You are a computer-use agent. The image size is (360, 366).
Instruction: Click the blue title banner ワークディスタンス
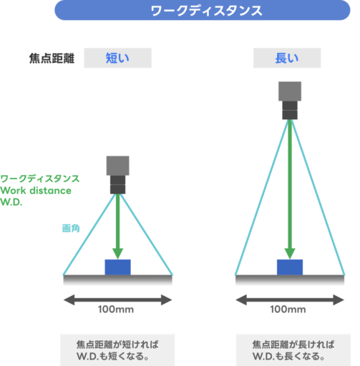pos(203,10)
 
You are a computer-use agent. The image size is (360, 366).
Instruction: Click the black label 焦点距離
pos(52,59)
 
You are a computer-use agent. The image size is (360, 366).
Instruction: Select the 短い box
pos(117,58)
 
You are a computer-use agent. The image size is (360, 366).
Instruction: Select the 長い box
pos(287,58)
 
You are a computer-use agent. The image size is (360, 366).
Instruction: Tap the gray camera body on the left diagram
pos(118,166)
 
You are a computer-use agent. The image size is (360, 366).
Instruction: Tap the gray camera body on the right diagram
pos(290,91)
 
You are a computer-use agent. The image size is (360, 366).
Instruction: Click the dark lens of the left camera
pos(118,184)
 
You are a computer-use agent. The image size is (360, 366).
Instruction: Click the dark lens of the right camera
pos(290,110)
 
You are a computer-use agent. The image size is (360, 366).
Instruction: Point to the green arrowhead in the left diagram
pos(118,254)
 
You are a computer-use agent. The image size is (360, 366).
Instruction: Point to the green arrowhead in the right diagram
pos(290,254)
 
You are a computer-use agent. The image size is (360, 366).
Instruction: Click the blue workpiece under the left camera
pos(118,267)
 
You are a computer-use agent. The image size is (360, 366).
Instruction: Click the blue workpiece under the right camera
pos(290,267)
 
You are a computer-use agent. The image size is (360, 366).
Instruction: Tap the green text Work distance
pos(36,191)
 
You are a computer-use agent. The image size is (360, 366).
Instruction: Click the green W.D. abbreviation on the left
pos(11,202)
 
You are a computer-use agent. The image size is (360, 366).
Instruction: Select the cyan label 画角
pos(71,228)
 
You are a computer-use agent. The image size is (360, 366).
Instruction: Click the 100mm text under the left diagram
pos(116,310)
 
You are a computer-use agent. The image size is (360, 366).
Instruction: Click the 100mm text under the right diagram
pos(288,310)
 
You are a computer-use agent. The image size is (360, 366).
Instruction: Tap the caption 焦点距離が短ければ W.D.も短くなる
pos(117,350)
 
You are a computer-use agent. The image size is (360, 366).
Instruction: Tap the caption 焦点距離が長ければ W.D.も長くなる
pos(293,350)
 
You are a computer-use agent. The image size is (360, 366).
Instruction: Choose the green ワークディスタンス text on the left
pos(40,179)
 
